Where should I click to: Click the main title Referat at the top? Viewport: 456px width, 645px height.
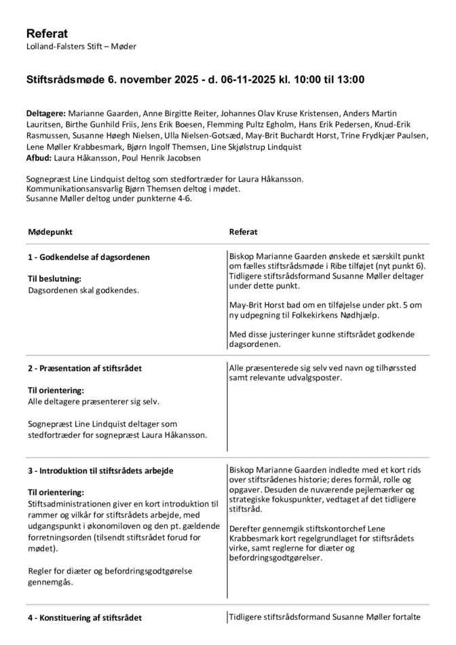(x=47, y=34)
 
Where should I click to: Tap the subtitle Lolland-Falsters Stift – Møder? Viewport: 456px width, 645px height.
(x=81, y=47)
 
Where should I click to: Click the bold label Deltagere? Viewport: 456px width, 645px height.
(x=46, y=113)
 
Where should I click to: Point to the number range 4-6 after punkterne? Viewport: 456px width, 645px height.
(x=174, y=200)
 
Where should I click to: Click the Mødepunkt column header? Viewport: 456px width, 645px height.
(x=50, y=232)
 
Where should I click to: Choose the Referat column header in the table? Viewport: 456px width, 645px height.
(x=244, y=232)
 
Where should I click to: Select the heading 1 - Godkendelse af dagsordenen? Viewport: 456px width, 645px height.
(x=89, y=257)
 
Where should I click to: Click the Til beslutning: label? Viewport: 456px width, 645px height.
(x=54, y=279)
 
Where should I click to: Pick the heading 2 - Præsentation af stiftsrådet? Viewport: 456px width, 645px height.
(x=85, y=369)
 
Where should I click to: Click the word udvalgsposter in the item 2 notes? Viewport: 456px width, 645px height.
(x=313, y=377)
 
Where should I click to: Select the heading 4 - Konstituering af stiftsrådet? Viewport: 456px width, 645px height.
(x=85, y=618)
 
